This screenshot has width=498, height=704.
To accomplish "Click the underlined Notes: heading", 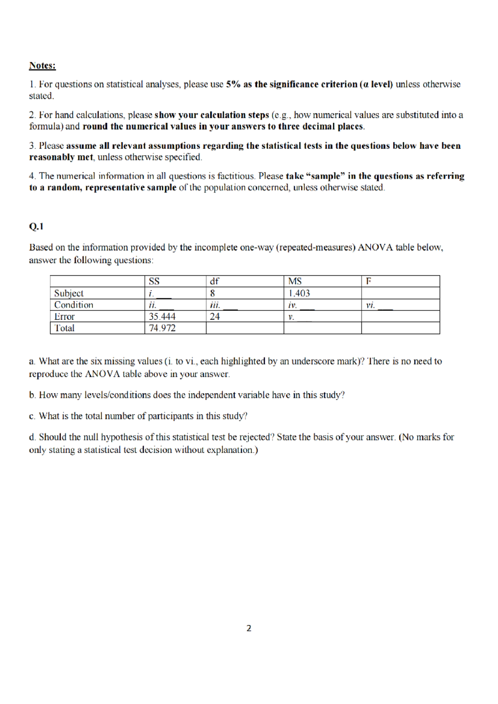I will coord(42,66).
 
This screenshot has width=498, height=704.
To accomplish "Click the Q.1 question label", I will coord(36,227).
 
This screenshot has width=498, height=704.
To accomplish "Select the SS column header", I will coord(154,281).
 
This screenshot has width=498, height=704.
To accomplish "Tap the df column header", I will coord(215,281).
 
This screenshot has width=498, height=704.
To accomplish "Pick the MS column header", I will coord(295,281).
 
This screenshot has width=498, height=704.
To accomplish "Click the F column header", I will coord(368,281).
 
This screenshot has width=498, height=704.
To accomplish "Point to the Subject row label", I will coord(68,293).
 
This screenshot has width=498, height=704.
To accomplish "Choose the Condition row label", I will coord(73,305).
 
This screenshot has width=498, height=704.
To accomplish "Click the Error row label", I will coord(64,317).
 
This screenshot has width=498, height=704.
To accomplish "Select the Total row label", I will coord(64,328).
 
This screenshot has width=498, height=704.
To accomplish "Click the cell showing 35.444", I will coord(162,317).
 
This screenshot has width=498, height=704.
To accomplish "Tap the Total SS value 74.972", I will coord(162,328).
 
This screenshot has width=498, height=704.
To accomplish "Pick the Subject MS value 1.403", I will coord(299,293).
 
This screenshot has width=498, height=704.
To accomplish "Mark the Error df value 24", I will coord(215,317).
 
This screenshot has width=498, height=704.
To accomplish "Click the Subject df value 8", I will coord(212,293).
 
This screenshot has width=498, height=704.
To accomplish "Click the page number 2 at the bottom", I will coord(249,628).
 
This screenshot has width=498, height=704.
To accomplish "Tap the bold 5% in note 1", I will coord(234,85).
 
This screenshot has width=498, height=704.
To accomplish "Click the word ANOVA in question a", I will coord(100,374).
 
